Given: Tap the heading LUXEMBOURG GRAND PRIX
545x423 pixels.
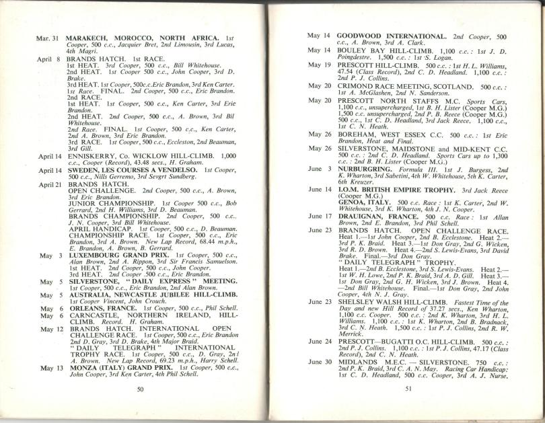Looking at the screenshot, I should pos(118,256).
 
